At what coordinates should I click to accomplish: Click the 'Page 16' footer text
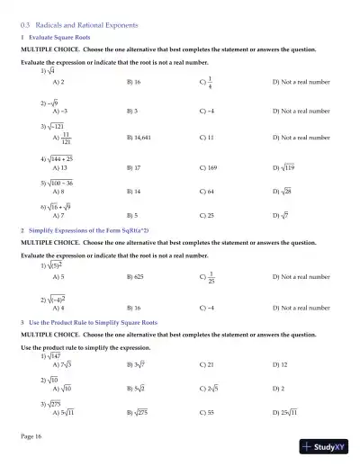(x=31, y=435)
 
